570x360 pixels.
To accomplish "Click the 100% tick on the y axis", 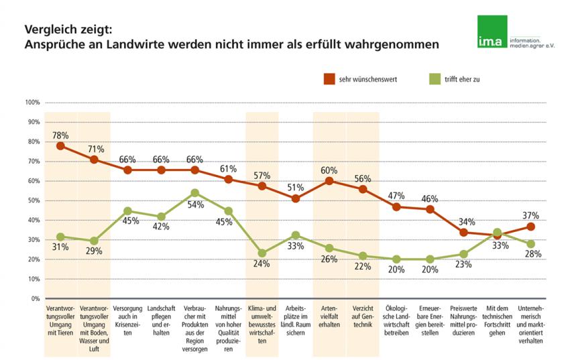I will pyautogui.click(x=33, y=103).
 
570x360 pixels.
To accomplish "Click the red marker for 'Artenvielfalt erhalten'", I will pyautogui.click(x=329, y=181).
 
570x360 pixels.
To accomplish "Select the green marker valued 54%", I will pyautogui.click(x=195, y=193).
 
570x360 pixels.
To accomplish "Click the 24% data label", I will pyautogui.click(x=262, y=263).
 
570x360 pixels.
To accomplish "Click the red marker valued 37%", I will pyautogui.click(x=530, y=227).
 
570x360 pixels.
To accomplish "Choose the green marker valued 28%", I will pyautogui.click(x=530, y=244).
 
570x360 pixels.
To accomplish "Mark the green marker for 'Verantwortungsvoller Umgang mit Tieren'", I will pyautogui.click(x=60, y=237).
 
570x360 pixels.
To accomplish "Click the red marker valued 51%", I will pyautogui.click(x=296, y=198).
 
